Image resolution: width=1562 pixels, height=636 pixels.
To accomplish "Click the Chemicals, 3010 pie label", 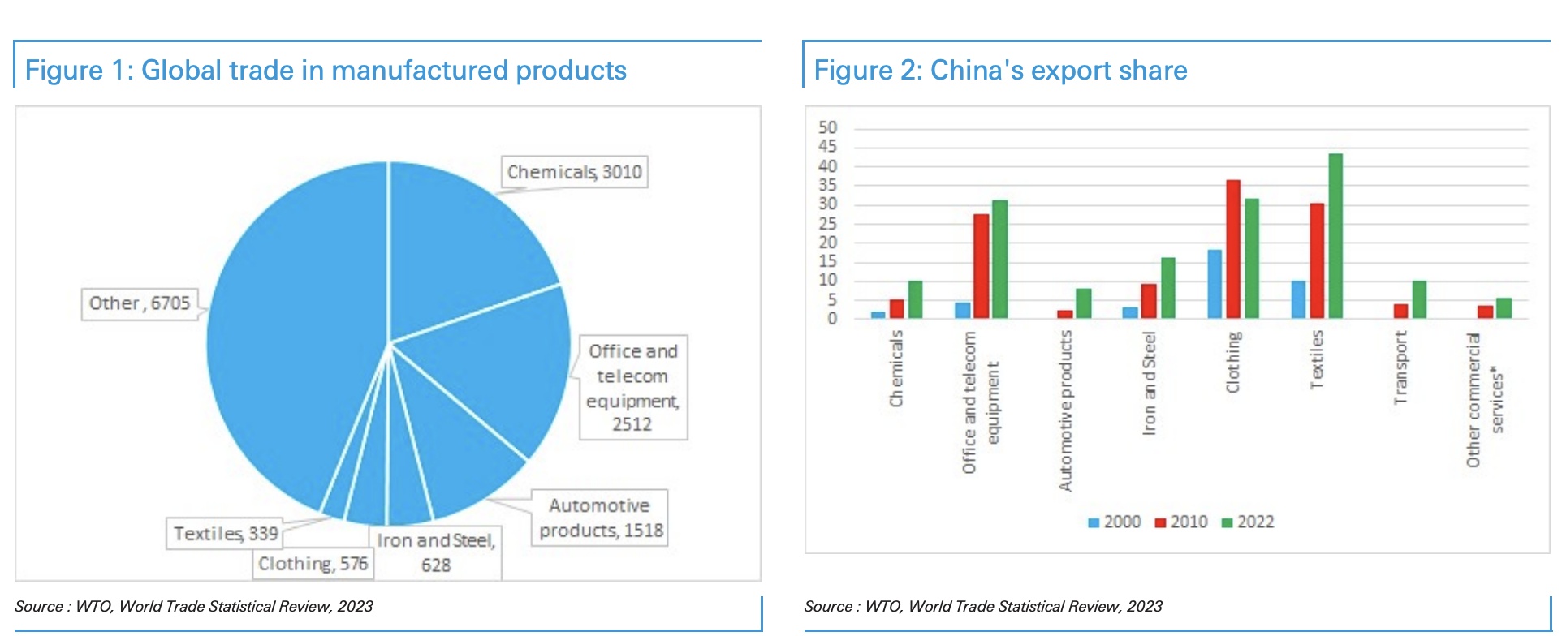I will [574, 172].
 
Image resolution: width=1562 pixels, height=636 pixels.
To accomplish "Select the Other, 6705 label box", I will [140, 303].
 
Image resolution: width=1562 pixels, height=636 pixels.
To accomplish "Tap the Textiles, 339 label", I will [225, 534].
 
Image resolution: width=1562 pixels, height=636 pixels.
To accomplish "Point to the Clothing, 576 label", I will [313, 564].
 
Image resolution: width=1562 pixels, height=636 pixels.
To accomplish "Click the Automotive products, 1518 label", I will [600, 518].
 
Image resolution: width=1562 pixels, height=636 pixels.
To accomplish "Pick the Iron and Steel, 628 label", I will [436, 552].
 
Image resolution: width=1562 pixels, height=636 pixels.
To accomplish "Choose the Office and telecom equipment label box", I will [632, 388].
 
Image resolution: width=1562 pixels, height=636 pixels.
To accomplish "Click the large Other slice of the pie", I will [292, 341].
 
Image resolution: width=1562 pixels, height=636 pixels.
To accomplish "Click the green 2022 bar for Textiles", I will [1335, 235].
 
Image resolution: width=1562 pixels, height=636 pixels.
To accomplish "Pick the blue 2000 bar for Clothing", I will [1215, 283].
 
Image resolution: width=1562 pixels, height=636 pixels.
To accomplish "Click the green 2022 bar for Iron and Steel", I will [1168, 287].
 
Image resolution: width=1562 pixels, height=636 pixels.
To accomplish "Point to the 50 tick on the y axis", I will [827, 127].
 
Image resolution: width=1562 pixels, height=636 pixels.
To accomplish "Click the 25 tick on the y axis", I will [827, 223].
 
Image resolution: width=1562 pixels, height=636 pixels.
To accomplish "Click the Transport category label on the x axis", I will [1400, 367].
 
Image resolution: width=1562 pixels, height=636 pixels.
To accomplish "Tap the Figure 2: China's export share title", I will [1000, 71].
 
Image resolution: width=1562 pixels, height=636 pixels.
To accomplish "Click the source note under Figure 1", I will [194, 606].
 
